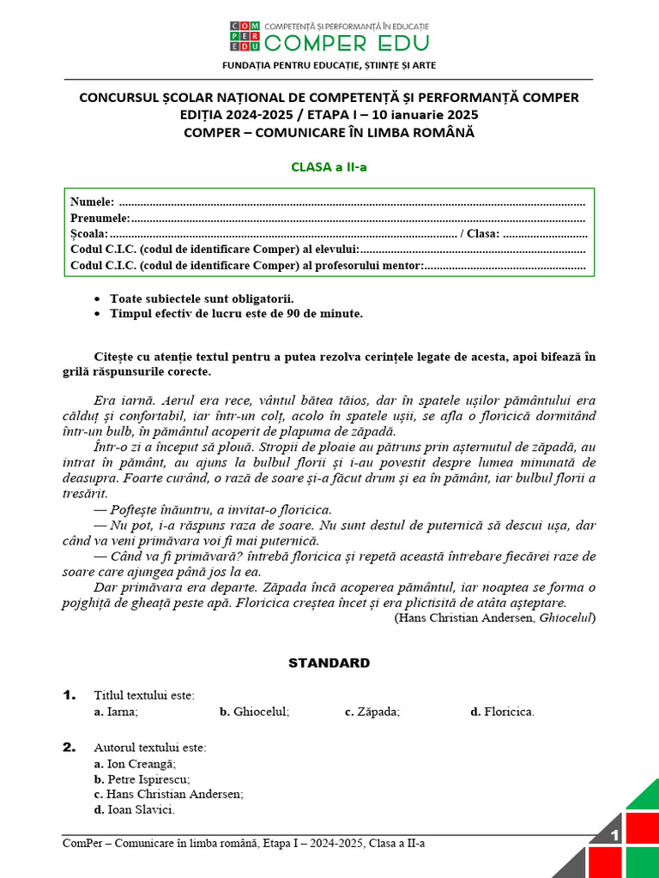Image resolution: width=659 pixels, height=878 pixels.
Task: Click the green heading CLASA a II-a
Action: point(329,166)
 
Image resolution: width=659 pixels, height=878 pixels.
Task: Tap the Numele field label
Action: point(92,202)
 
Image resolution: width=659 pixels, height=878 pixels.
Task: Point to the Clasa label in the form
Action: point(483,234)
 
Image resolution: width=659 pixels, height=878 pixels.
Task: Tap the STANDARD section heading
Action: point(329,663)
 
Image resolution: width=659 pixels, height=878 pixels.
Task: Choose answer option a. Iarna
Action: point(116,712)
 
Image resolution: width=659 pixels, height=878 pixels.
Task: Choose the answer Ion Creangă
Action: point(135,763)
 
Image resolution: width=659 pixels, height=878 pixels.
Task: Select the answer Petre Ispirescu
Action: point(142,779)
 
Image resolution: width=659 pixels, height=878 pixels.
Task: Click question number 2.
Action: point(70,748)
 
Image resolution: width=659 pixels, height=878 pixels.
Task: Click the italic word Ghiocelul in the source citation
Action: point(565,617)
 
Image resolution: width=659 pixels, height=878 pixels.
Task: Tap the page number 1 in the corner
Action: point(614,836)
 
